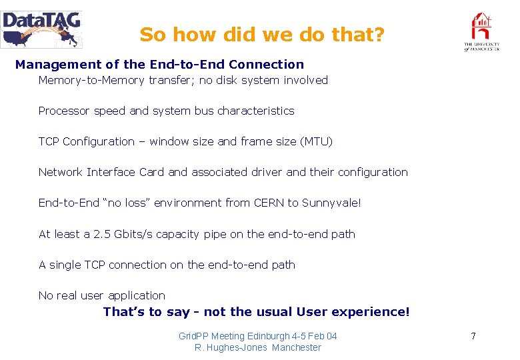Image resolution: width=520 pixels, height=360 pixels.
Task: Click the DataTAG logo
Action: click(x=41, y=29)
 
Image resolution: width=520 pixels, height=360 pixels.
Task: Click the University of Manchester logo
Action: click(x=481, y=32)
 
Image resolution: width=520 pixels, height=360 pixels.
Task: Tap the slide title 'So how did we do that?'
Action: click(x=262, y=35)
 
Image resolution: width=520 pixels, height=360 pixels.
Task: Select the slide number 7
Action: click(x=473, y=336)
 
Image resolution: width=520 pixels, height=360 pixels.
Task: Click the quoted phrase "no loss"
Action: click(x=127, y=203)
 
